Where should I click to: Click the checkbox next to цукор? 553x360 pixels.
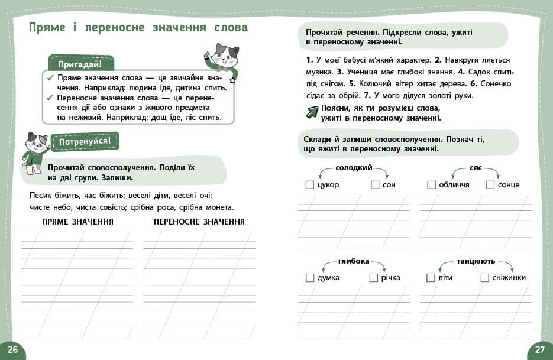pos(309,185)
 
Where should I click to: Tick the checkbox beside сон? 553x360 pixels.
pos(374,185)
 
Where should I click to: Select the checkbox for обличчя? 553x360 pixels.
pos(431,185)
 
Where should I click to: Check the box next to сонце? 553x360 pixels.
pos(490,185)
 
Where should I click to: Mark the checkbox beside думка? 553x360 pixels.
pos(309,278)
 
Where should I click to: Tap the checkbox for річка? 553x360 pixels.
pos(373,278)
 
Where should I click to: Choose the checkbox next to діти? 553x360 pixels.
pos(431,278)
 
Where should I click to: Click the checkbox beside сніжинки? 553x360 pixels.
pos(484,278)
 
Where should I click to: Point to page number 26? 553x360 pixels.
pos(12,349)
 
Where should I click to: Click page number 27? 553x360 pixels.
pos(539,349)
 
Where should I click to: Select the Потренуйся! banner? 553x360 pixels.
pos(85,142)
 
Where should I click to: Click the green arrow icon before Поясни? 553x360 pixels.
pos(312,112)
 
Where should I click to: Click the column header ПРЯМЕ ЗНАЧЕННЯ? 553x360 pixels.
pos(77,222)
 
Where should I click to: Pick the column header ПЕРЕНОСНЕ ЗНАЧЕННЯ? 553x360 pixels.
pos(199,222)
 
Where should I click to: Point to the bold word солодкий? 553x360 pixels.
pos(354,168)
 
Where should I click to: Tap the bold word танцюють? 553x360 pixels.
pos(476,261)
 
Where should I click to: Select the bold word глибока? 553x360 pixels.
pos(354,261)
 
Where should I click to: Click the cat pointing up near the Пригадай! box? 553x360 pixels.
pos(222,61)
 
